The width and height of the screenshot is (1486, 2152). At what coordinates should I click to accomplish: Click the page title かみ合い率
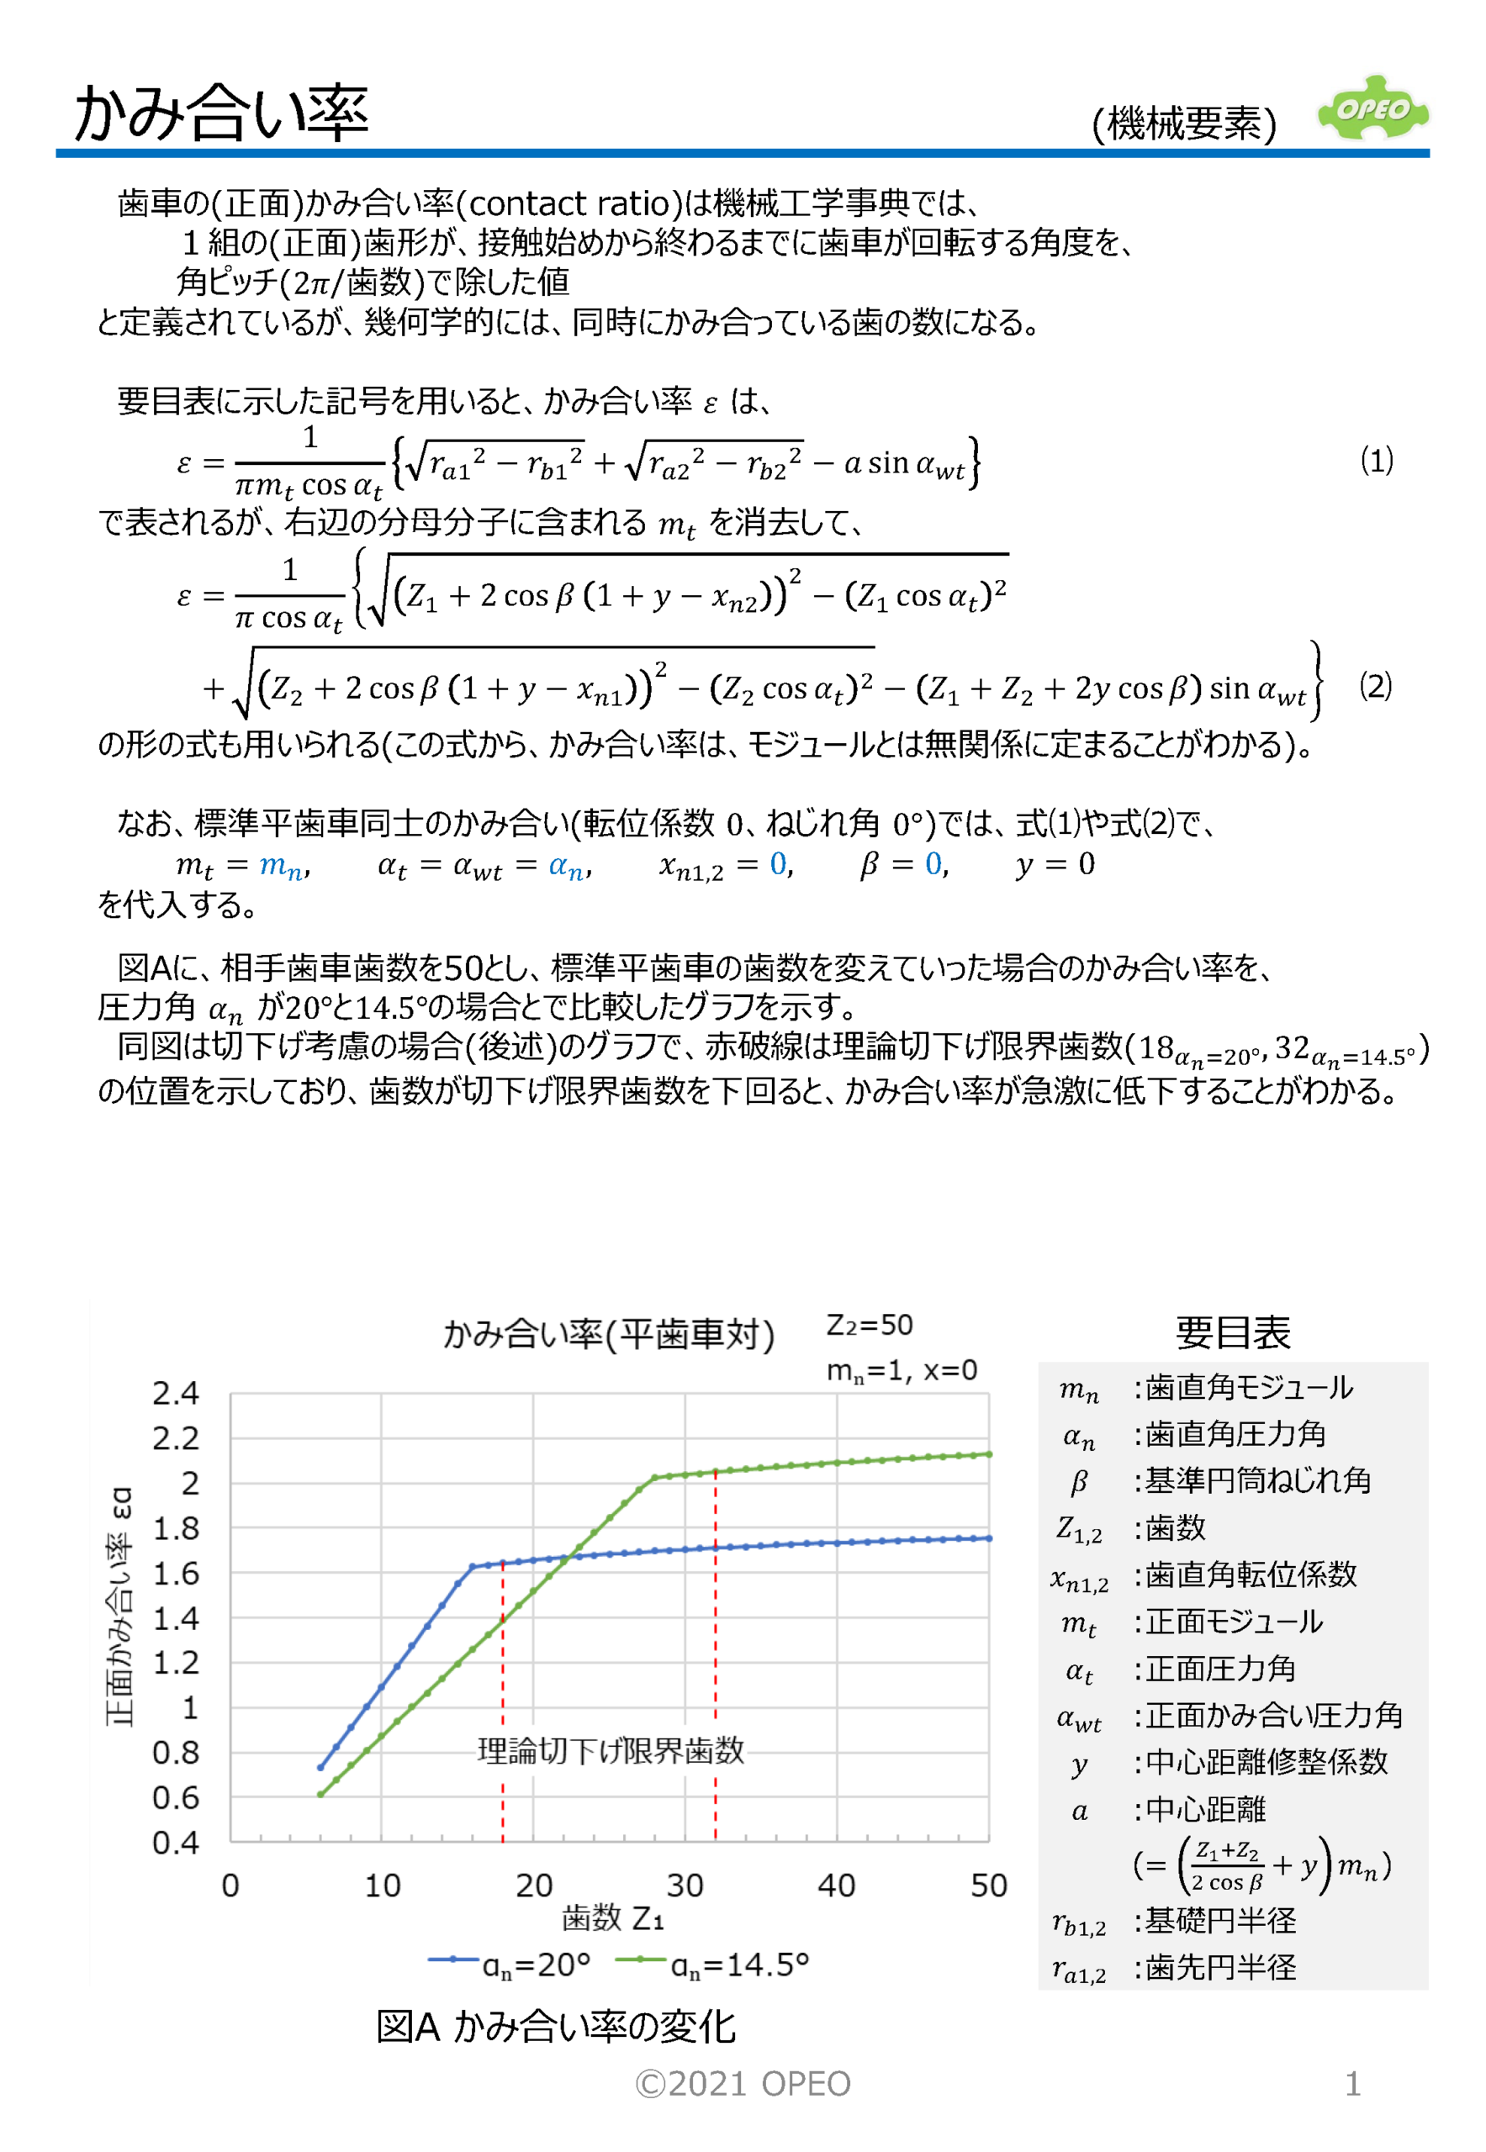pos(222,113)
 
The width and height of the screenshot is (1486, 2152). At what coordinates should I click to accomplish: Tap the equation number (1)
pos(1376,460)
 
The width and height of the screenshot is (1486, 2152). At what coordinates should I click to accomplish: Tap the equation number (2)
pos(1375,686)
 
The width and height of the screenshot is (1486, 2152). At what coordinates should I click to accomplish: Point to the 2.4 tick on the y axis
pos(176,1394)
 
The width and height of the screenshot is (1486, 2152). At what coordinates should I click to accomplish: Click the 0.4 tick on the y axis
pos(176,1842)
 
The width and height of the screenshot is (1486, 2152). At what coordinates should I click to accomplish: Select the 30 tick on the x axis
pos(685,1886)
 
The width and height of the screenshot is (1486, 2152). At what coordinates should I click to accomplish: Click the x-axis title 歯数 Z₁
pos(611,1918)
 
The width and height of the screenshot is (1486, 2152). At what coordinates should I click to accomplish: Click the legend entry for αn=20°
pos(510,1964)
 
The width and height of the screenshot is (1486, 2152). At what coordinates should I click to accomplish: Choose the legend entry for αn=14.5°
pos(712,1964)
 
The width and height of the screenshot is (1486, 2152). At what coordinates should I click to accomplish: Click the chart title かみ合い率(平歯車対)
pos(608,1334)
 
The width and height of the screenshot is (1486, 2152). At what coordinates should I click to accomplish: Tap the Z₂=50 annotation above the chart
pos(869,1325)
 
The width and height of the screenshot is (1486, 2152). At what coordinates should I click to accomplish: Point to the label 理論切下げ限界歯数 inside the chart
pos(611,1751)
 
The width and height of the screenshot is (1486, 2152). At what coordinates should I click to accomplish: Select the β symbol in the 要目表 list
pos(1079,1481)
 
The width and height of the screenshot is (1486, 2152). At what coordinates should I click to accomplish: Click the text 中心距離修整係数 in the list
pos(1266,1762)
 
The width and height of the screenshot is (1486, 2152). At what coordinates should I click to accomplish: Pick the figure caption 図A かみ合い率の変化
pos(555,2027)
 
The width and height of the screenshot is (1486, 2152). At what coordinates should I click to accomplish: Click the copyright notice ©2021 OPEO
pos(742,2084)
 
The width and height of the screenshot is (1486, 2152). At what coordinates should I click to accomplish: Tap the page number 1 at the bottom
pos(1353,2084)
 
